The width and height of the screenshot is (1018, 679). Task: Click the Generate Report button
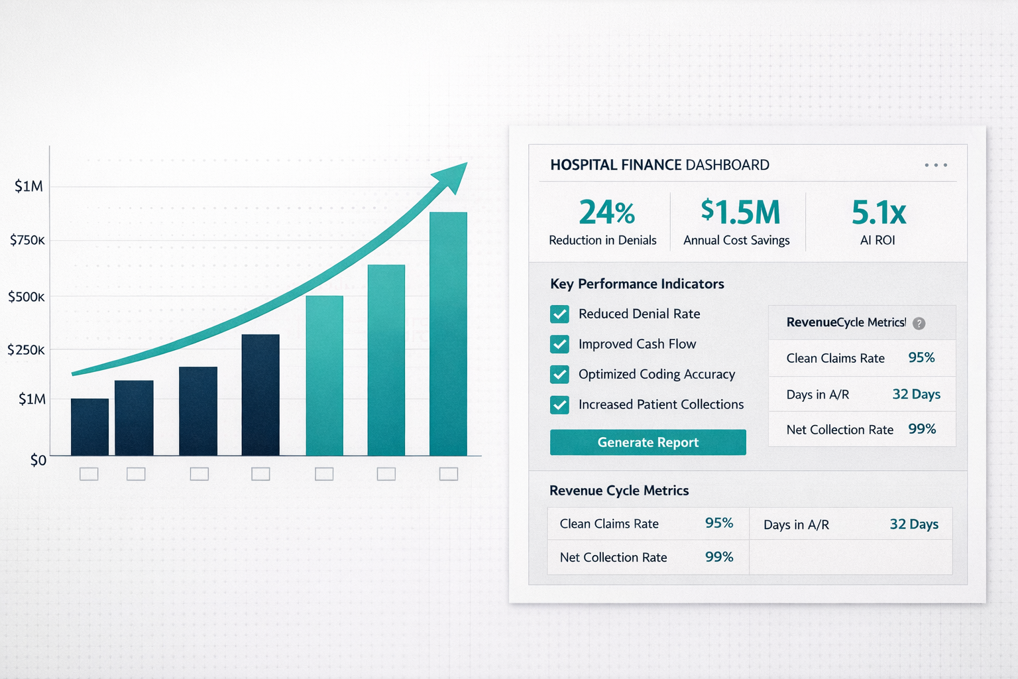tap(648, 442)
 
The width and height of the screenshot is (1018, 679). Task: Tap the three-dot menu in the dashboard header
tap(936, 165)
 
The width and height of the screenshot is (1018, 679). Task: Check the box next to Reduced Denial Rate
tap(559, 314)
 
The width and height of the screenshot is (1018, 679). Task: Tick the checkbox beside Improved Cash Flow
tap(559, 344)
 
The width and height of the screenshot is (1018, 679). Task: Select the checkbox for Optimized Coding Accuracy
tap(559, 374)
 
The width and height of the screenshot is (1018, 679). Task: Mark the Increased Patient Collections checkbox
tap(559, 404)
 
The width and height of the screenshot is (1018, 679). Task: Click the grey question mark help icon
tap(919, 324)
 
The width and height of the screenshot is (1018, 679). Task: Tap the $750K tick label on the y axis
tap(27, 239)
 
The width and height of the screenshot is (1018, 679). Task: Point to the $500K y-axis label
tap(27, 296)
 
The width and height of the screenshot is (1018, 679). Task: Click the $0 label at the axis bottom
tap(38, 460)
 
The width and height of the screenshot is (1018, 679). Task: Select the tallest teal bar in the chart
tap(448, 334)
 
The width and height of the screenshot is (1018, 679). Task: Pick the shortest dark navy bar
tap(89, 427)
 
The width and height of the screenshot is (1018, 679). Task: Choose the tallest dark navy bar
tap(260, 395)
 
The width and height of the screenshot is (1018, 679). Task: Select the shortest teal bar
tap(325, 376)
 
